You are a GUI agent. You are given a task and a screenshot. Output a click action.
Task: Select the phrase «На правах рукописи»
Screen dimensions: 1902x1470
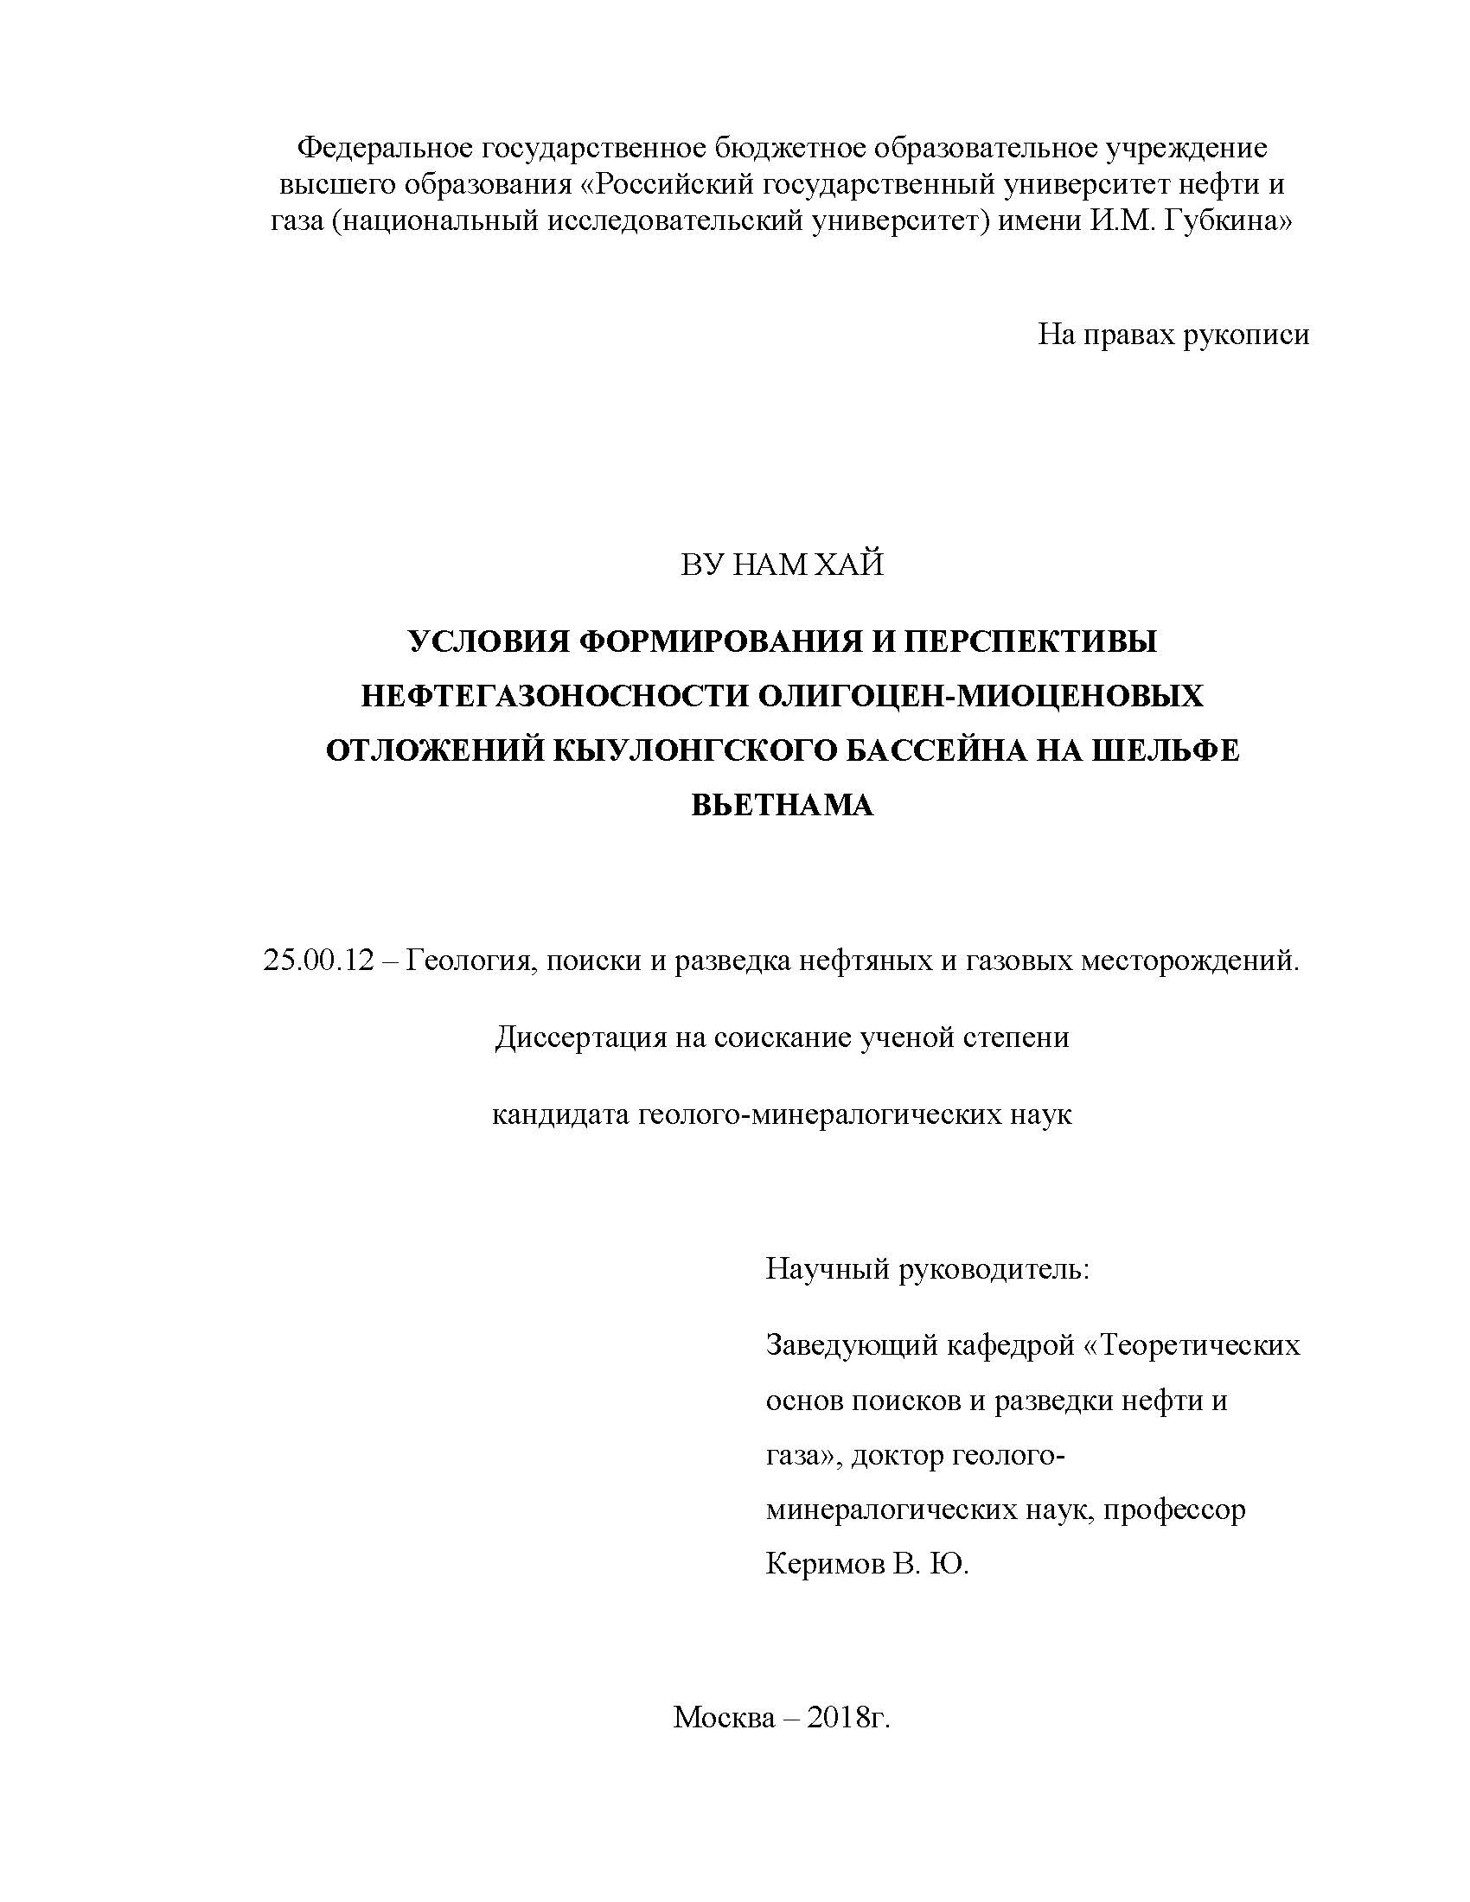point(1173,335)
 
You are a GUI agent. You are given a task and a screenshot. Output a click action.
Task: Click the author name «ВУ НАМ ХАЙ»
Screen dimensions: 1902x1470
point(781,565)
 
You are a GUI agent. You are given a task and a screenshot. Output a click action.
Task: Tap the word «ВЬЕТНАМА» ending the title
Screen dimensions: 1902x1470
point(782,805)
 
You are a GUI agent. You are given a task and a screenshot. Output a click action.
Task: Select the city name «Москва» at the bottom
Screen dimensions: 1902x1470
point(723,1717)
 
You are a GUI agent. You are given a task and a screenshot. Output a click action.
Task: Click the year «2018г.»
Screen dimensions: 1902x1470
point(849,1717)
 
